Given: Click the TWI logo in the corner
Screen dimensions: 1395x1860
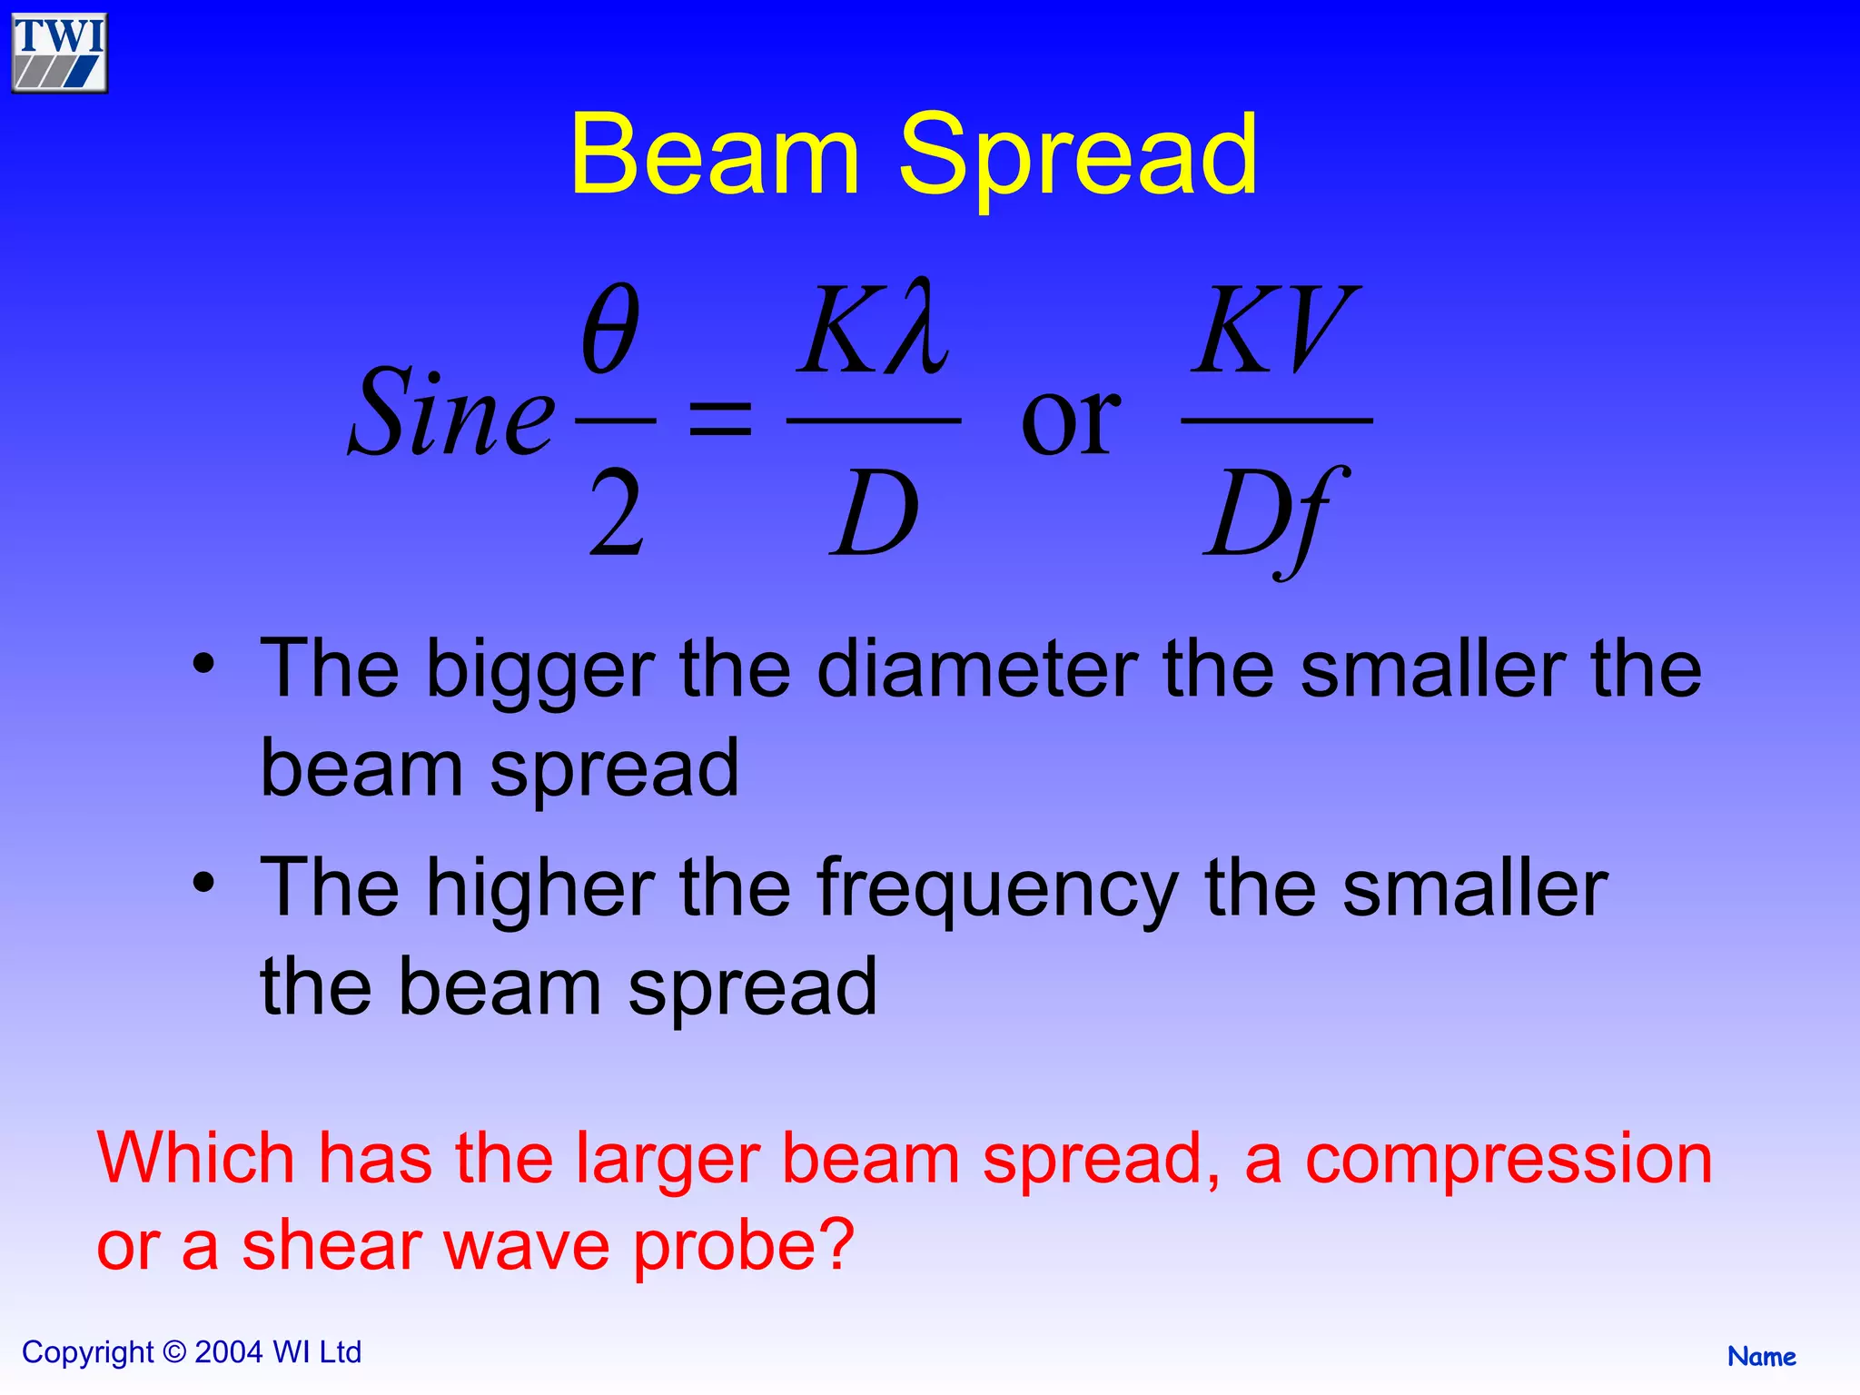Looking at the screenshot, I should coord(59,53).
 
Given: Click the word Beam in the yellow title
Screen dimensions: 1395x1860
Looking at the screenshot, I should coord(714,154).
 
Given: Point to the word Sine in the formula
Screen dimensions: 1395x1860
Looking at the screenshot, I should coord(451,413).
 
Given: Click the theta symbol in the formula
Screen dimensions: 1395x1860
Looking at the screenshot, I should coord(610,329).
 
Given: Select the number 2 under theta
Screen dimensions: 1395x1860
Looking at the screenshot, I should coord(616,513).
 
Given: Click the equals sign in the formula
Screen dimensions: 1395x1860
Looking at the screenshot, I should coord(720,420).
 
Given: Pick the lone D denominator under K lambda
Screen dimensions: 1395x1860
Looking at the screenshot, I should coord(874,513).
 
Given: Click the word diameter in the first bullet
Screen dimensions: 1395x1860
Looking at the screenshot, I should coord(976,670).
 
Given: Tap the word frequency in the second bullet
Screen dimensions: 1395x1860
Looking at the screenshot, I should coord(997,890).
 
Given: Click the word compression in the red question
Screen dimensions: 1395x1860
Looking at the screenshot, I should coord(1508,1160).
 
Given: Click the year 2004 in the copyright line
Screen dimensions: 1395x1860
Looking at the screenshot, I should coord(229,1352).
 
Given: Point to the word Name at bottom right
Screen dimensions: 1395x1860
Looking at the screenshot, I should coord(1761,1357).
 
